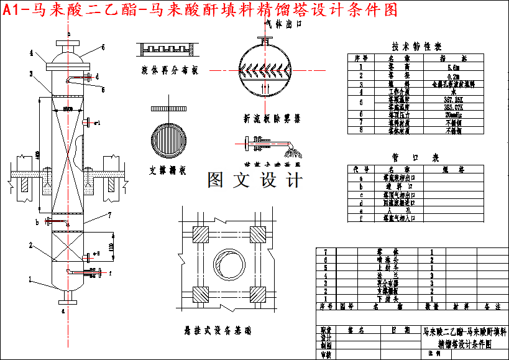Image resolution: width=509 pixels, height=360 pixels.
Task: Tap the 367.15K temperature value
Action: click(x=453, y=99)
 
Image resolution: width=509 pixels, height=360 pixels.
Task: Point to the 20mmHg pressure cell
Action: click(x=453, y=114)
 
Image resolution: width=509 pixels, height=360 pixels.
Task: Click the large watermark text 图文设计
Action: click(x=255, y=180)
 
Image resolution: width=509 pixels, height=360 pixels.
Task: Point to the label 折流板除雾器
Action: click(x=272, y=118)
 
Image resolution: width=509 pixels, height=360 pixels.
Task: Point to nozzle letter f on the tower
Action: click(x=110, y=272)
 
